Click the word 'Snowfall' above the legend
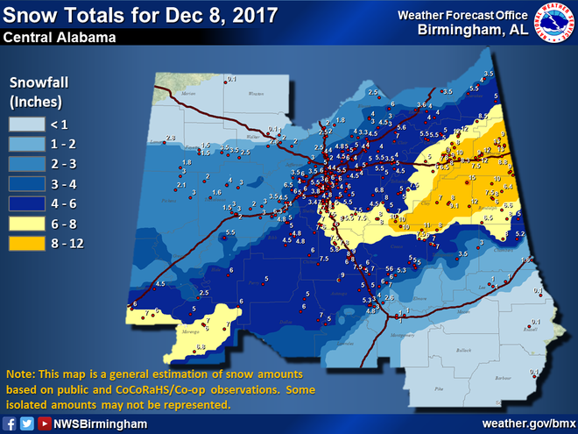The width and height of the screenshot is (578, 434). [x=38, y=83]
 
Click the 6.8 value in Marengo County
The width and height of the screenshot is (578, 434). [x=201, y=348]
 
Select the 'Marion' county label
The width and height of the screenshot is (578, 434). [x=187, y=92]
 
